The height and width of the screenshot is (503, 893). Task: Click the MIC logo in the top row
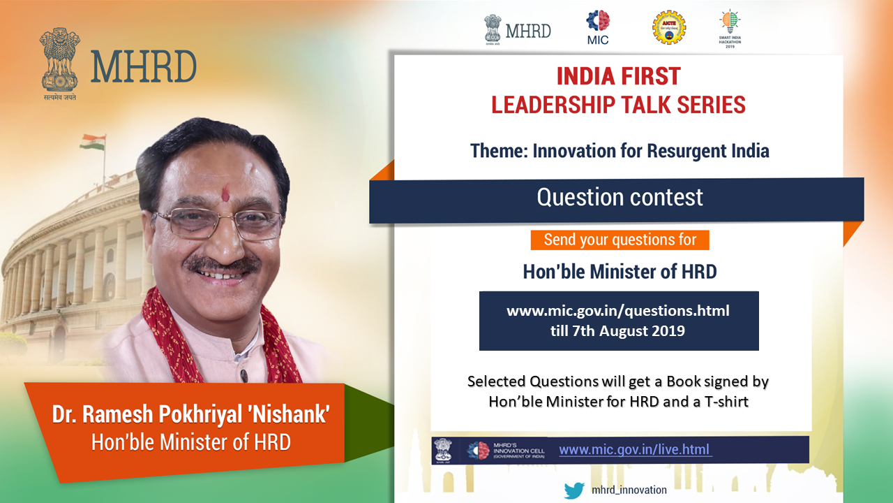coord(597,27)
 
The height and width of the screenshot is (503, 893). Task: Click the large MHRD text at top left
coord(143,66)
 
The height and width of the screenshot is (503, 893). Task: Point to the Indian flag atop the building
coord(92,142)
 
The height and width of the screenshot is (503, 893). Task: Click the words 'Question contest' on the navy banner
coord(620,197)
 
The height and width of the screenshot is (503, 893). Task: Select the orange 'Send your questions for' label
coord(620,240)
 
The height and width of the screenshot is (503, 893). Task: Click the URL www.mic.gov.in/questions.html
coord(618,310)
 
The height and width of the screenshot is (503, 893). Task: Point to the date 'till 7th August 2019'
coord(618,330)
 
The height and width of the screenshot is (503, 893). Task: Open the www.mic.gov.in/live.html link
coord(635,450)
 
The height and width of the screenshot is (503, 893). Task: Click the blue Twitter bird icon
coord(574,490)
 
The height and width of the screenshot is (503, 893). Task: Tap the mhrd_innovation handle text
coord(629,490)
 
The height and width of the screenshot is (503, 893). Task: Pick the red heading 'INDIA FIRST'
coord(618,75)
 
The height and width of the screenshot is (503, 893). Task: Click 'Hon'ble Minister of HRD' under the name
coord(190,442)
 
